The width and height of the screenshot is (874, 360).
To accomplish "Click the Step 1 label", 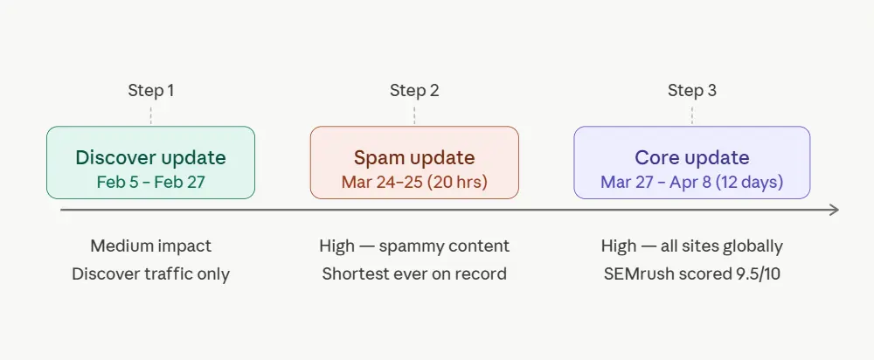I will pos(150,90).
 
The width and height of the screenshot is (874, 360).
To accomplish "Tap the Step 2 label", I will pos(414,90).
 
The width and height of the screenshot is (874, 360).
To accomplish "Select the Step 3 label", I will pos(691,90).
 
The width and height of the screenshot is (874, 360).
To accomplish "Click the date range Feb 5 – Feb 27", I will pos(150,183).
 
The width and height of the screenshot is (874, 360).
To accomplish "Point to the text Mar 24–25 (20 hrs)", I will pos(414,183).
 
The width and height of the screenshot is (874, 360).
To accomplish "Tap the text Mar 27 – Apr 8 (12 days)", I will pos(691,183).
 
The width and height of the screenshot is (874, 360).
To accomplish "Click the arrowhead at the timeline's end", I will pos(835,210).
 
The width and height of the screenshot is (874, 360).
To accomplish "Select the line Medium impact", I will pos(150,246).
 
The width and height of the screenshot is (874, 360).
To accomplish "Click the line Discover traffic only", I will pos(150,273).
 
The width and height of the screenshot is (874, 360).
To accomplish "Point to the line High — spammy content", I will pos(414,246).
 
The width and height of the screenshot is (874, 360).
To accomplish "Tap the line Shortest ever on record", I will pos(414,273).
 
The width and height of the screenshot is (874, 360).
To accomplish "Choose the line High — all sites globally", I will pos(691,246).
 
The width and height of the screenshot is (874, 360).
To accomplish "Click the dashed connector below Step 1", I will pos(150,114).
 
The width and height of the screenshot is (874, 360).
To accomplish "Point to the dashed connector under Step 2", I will pos(414,114).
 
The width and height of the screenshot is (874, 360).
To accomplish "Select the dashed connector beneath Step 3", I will pos(691,114).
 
